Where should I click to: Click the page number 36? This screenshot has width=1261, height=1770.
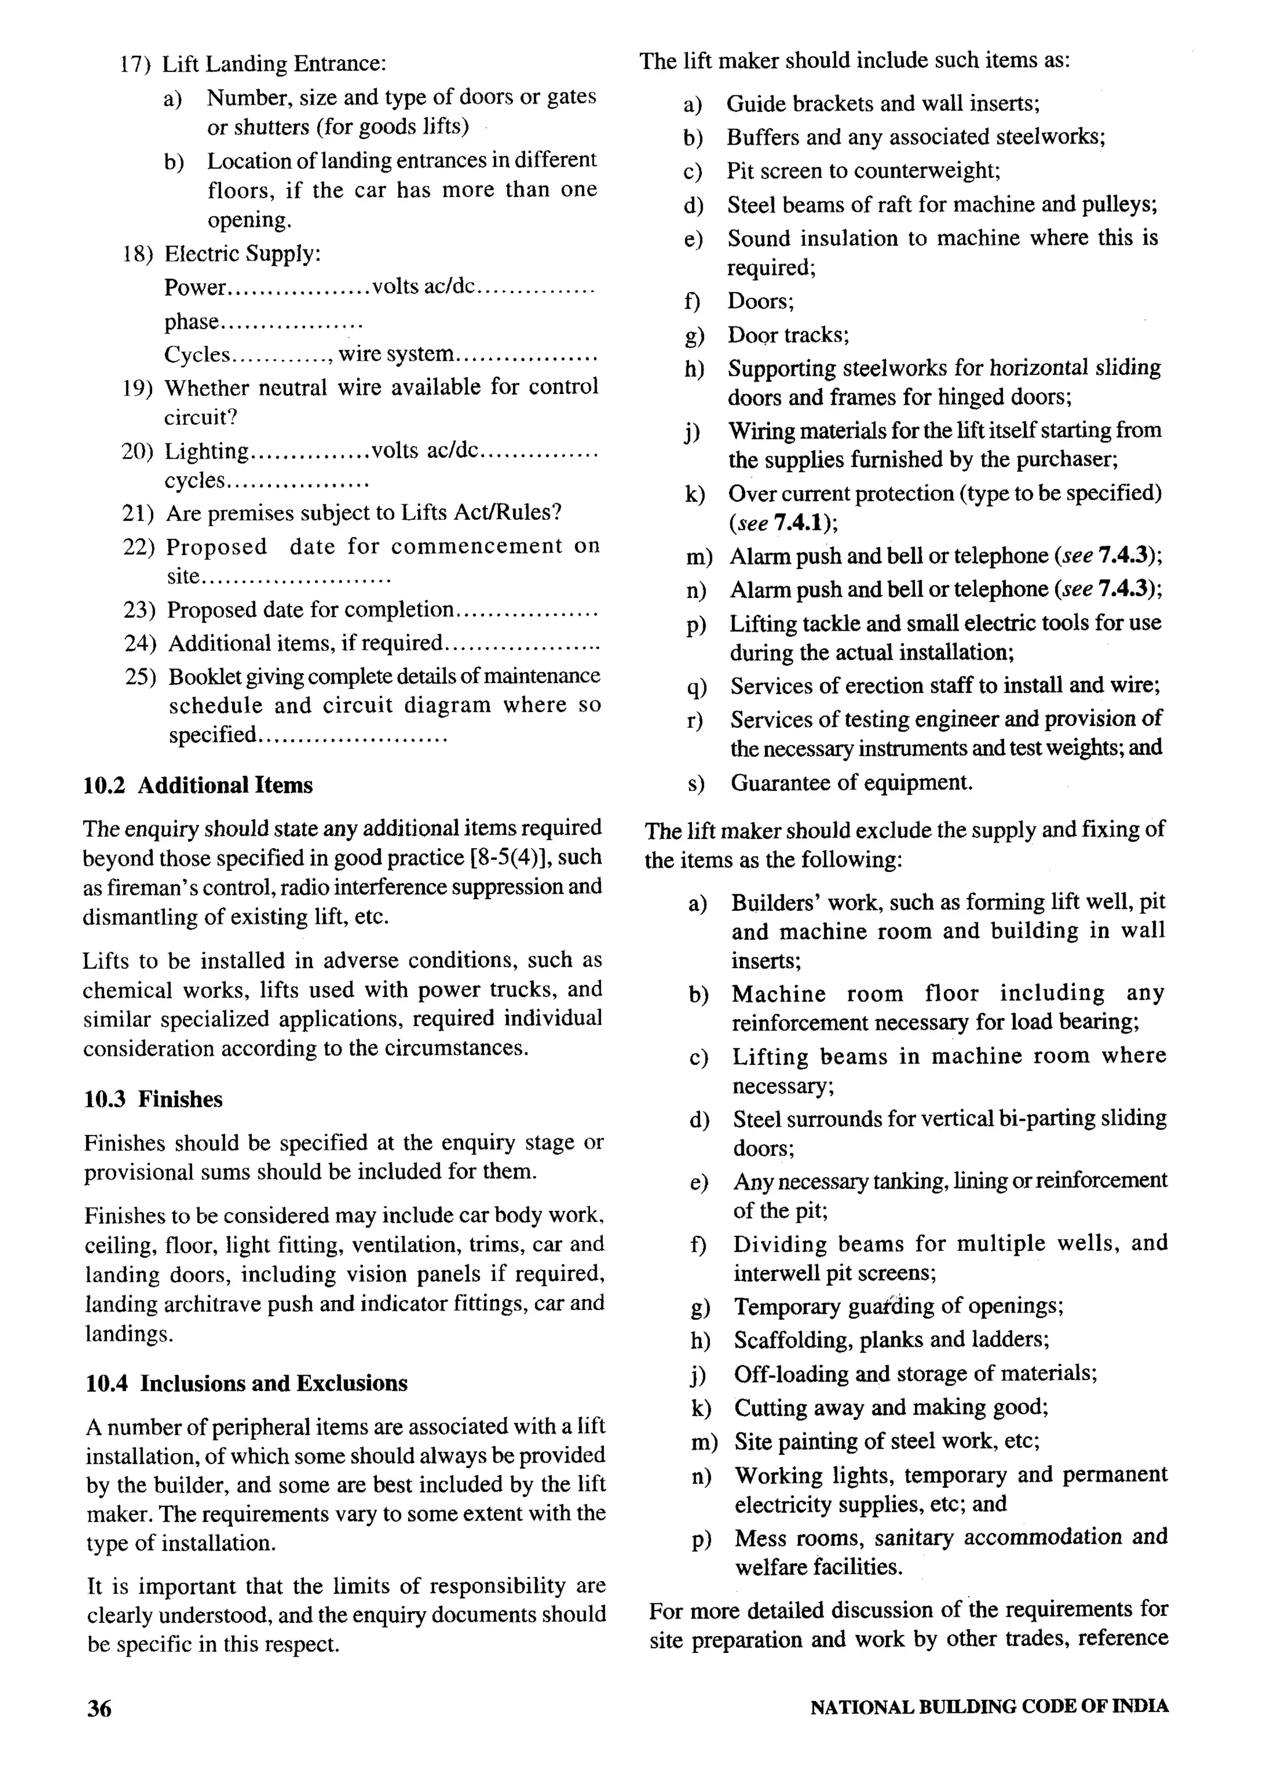click(99, 1708)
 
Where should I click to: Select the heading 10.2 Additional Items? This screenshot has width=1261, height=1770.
click(198, 785)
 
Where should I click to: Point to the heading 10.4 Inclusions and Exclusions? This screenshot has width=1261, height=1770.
click(246, 1383)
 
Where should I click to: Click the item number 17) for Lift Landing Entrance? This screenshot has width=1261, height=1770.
click(135, 63)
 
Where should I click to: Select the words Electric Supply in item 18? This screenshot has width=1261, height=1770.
click(242, 254)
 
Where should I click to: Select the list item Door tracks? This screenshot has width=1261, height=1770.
click(788, 335)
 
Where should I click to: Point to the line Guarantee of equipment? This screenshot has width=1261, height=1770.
click(851, 782)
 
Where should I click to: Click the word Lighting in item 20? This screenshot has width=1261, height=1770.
click(206, 451)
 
